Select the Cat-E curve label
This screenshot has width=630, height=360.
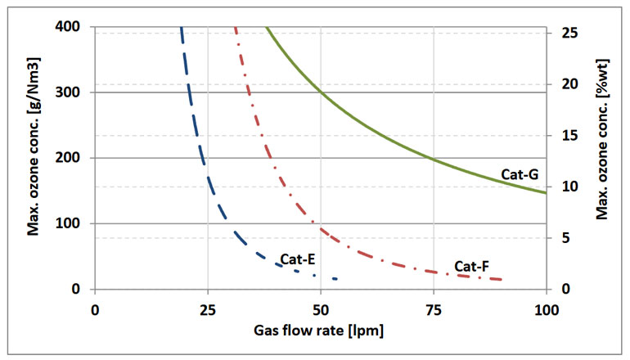[298, 260]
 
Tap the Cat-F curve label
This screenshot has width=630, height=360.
[471, 267]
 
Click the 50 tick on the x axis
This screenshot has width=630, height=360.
[321, 310]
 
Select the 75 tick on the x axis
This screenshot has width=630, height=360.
[434, 310]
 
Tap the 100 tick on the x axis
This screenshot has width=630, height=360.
[545, 310]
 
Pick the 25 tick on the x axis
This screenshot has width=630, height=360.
[208, 310]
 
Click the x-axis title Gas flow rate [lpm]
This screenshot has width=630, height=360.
[321, 331]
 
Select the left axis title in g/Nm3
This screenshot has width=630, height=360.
[34, 158]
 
